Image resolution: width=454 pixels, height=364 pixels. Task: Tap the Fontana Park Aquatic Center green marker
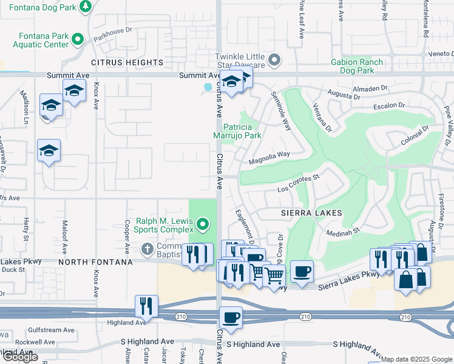(x=78, y=40)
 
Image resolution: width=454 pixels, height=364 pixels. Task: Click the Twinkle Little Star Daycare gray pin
(x=275, y=60)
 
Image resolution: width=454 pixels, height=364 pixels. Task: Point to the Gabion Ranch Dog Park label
(x=357, y=66)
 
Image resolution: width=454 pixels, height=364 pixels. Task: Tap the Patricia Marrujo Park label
(x=242, y=131)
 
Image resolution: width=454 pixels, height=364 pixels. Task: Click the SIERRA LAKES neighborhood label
(x=311, y=213)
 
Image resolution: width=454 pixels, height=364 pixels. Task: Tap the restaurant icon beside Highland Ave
(x=146, y=306)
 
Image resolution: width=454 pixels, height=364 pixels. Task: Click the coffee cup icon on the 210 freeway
(x=230, y=316)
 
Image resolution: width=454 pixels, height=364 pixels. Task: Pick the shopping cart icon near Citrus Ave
(x=274, y=275)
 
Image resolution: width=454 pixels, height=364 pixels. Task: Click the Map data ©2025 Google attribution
(x=416, y=359)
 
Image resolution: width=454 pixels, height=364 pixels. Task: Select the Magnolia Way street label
(x=269, y=158)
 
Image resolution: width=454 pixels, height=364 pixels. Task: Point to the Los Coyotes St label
(x=298, y=184)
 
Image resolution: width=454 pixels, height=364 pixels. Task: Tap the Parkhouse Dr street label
(x=112, y=34)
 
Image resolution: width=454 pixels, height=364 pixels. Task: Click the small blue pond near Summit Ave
(x=208, y=87)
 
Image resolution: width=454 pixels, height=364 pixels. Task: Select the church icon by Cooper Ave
(x=147, y=249)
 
